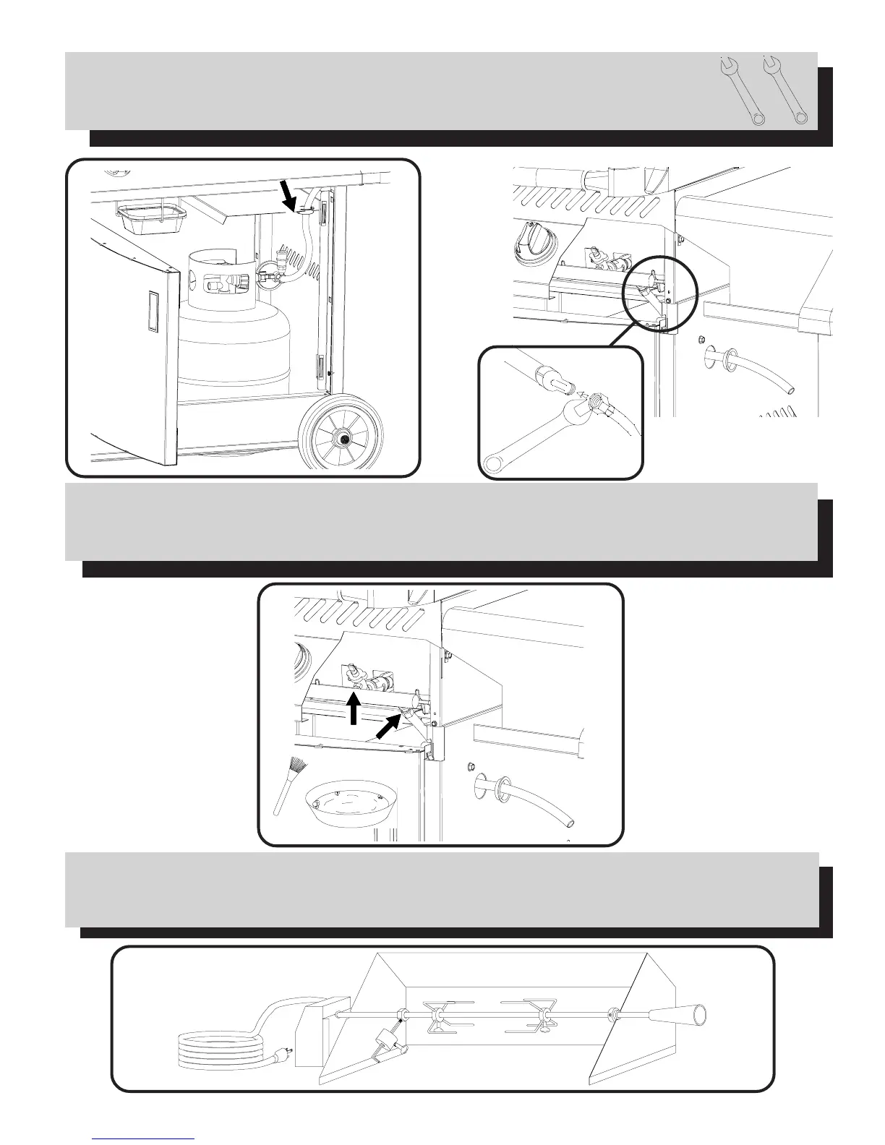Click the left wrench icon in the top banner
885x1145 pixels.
pyautogui.click(x=742, y=93)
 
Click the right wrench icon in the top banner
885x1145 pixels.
pyautogui.click(x=784, y=93)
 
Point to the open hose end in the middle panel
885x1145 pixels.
pyautogui.click(x=571, y=823)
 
